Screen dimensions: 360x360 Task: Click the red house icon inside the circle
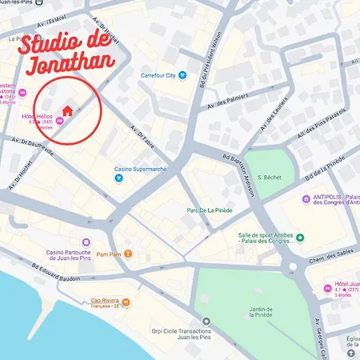point(67,108)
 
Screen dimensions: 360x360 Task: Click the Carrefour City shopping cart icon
point(182,75)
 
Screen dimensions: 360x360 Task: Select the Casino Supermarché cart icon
point(118,178)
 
